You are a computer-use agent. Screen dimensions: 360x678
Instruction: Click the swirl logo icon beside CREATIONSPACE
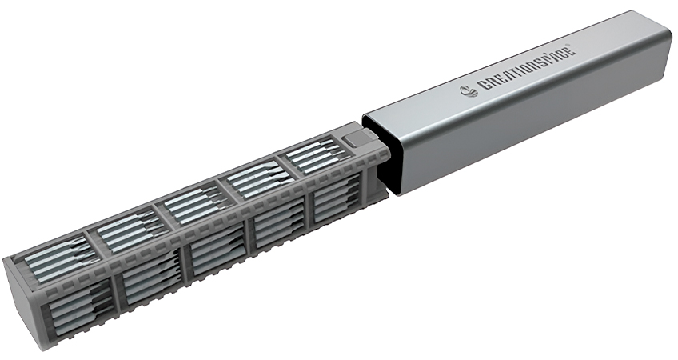471,90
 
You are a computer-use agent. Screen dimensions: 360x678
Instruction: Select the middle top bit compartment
192,204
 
